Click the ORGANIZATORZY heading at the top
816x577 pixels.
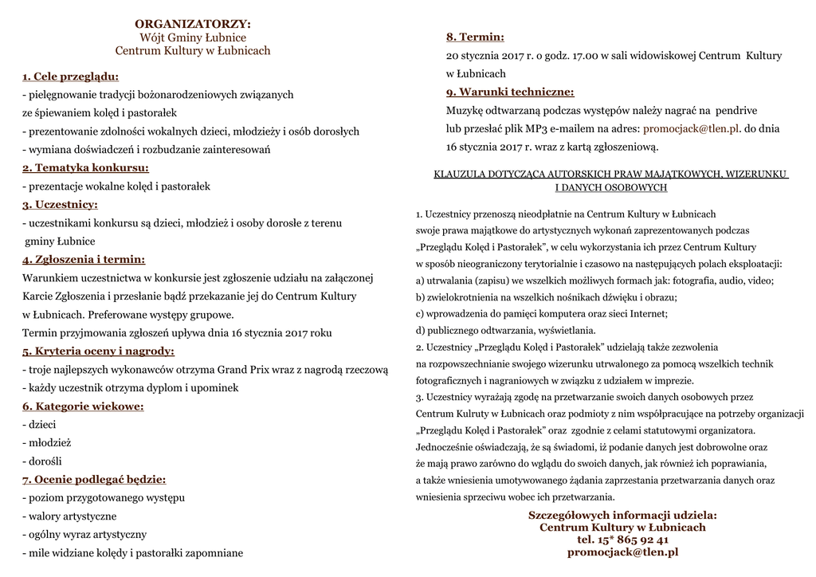pyautogui.click(x=192, y=24)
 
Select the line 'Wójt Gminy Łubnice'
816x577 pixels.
pyautogui.click(x=193, y=37)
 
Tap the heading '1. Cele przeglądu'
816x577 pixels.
pyautogui.click(x=70, y=77)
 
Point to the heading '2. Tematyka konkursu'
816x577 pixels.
pyautogui.click(x=85, y=168)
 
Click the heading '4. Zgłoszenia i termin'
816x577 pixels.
pyautogui.click(x=84, y=260)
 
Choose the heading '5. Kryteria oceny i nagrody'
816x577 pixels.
pyautogui.click(x=98, y=351)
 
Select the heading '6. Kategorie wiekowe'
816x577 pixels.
pyautogui.click(x=83, y=406)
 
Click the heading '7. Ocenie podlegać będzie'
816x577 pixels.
pyautogui.click(x=94, y=479)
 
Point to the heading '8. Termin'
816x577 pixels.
pyautogui.click(x=475, y=37)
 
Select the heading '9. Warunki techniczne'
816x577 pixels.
pyautogui.click(x=510, y=92)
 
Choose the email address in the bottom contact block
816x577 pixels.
pyautogui.click(x=622, y=551)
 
